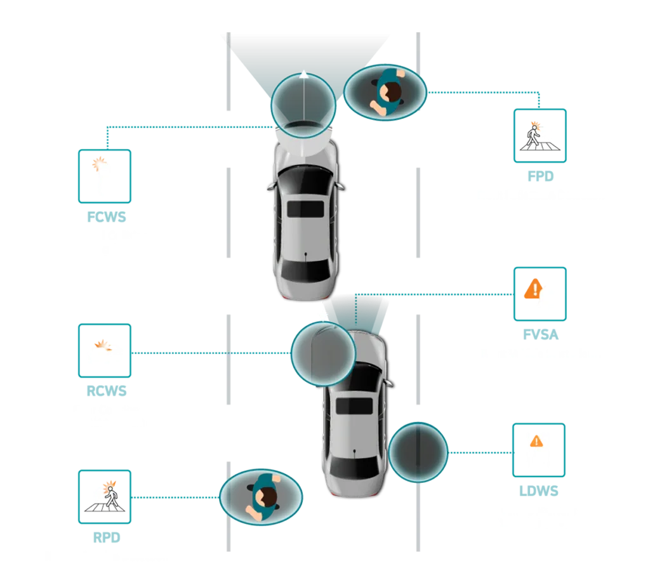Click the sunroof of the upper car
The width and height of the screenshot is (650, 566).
pos(305,209)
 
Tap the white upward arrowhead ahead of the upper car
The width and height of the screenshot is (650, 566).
pos(304,74)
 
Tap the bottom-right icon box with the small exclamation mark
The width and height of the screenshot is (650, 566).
pos(538,450)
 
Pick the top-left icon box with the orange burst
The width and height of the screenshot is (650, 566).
pos(105,176)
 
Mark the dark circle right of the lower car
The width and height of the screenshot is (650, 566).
pos(418,451)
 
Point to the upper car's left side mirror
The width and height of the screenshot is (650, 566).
pos(270,187)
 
